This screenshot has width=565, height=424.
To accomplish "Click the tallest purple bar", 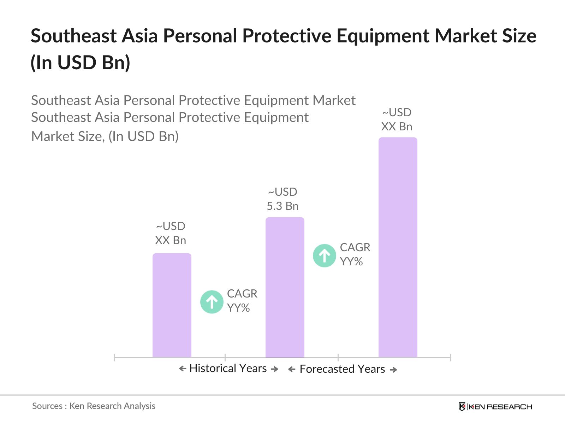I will (398, 247).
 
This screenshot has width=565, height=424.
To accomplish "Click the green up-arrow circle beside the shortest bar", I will (212, 302).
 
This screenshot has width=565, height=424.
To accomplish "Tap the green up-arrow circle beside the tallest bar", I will (324, 255).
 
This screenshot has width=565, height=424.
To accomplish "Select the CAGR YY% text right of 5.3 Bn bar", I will (355, 254).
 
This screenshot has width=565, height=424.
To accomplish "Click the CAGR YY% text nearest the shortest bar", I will (242, 301).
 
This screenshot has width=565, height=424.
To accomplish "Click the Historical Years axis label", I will (228, 369).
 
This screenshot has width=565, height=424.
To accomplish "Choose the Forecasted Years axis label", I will (342, 369).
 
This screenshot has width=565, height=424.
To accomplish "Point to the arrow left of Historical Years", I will (183, 369).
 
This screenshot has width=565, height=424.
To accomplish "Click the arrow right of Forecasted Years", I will (393, 370).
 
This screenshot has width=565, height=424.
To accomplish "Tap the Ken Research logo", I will (495, 407).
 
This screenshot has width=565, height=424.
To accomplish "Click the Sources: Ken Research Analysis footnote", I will (94, 406).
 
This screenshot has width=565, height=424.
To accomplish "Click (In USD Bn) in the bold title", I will (81, 63).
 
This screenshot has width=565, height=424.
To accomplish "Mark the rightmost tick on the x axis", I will (451, 358).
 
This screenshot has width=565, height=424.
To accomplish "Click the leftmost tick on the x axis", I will (114, 358).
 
